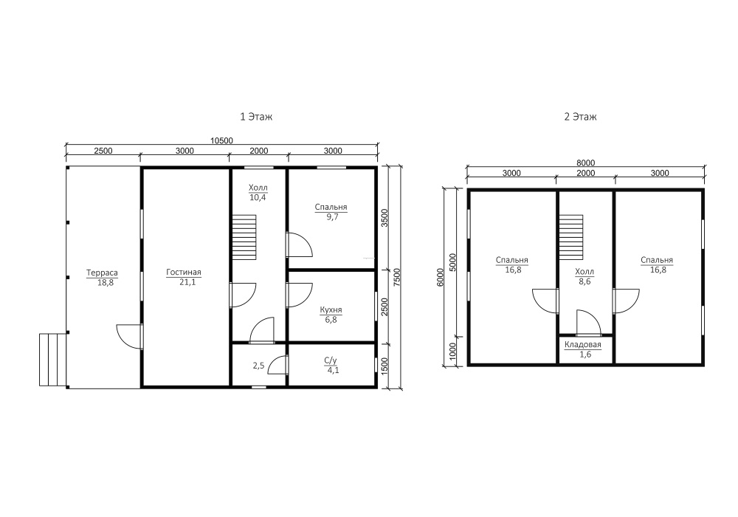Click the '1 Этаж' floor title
(256, 116)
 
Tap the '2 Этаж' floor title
(580, 116)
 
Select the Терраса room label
(102, 273)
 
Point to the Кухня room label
(331, 309)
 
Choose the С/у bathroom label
(331, 360)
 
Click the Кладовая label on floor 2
(583, 345)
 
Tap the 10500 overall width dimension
(221, 141)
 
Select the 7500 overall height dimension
(396, 278)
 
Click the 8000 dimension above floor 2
(585, 163)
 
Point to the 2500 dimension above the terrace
(103, 151)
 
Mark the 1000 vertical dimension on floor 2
(453, 351)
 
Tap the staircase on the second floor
(571, 237)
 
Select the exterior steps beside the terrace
(52, 360)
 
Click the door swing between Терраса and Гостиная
(129, 336)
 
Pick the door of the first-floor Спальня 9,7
(300, 244)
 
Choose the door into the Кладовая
(588, 322)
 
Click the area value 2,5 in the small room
(258, 365)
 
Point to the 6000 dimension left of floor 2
(440, 278)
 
